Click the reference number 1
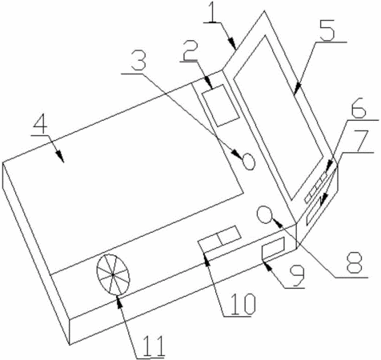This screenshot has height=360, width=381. (x=212, y=12)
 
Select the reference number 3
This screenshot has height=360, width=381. (x=138, y=62)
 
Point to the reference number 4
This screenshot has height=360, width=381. (x=41, y=125)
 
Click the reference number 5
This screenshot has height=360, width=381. (x=327, y=30)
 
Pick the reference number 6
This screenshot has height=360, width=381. (x=358, y=109)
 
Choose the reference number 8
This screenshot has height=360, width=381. (x=354, y=262)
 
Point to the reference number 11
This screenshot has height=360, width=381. (x=153, y=346)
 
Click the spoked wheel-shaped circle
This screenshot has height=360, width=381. (x=113, y=274)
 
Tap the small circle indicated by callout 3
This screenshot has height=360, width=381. (x=249, y=162)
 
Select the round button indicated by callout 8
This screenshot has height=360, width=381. (x=264, y=214)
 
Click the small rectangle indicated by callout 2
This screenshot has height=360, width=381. (x=220, y=106)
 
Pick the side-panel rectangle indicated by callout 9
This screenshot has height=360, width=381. (x=273, y=248)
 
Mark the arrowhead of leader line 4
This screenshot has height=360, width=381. (x=60, y=157)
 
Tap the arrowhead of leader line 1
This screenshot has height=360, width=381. (x=232, y=44)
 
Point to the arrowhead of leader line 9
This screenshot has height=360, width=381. (x=268, y=266)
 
